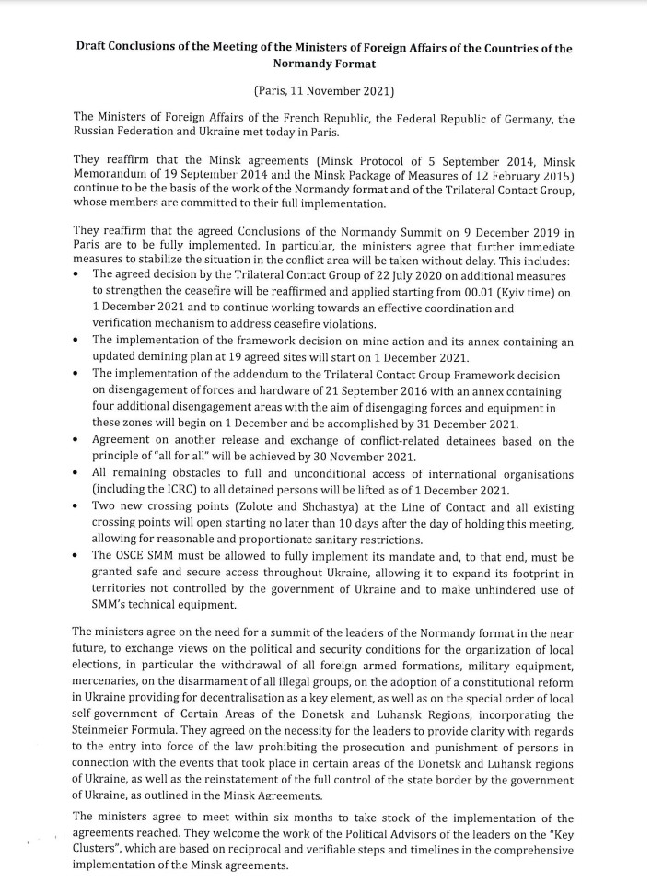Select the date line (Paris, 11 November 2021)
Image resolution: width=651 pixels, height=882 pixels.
pos(324,90)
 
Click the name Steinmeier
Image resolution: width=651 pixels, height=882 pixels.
pos(110,732)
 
